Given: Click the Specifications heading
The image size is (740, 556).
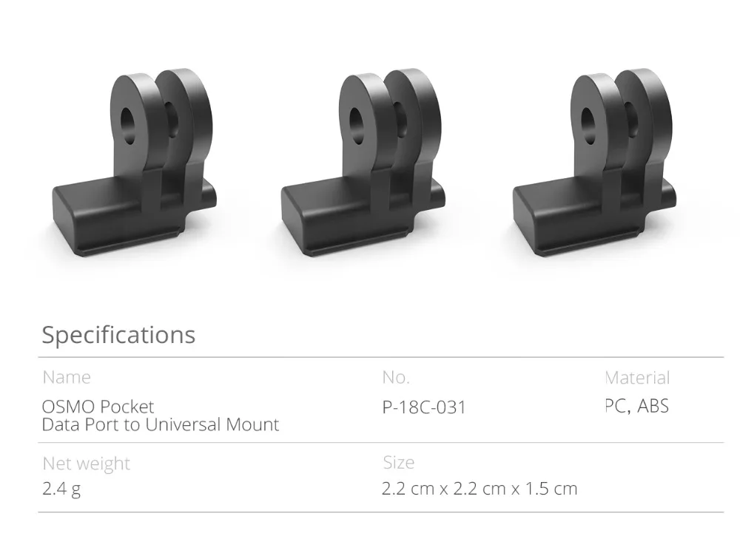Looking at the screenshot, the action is pos(118,335).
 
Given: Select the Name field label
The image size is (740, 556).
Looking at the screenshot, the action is pos(67,377).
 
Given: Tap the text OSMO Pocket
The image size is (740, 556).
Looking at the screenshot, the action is pos(98,407).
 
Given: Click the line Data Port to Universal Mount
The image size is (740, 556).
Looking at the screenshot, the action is pos(161,424).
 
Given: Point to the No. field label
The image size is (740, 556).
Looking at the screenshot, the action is pos(396,377).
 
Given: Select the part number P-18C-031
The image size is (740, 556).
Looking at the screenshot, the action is pos(424,407).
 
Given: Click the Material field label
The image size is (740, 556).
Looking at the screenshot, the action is pos(637,377).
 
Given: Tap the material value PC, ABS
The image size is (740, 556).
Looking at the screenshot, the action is pos(637,406).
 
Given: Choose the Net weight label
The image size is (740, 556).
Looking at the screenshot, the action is pos(87,464).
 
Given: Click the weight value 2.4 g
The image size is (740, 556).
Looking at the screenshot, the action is pos(61,489).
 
